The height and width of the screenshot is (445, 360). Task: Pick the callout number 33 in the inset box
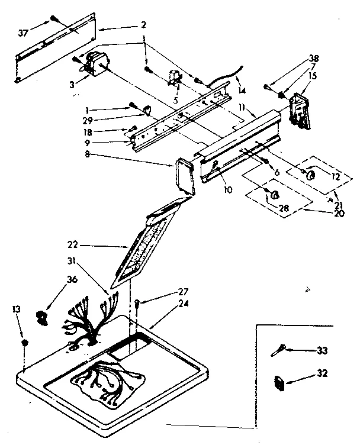click(322, 351)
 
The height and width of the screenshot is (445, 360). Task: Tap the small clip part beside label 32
click(279, 383)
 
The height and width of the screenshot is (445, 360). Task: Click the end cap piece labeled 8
click(185, 175)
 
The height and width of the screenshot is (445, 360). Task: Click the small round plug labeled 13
click(24, 344)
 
